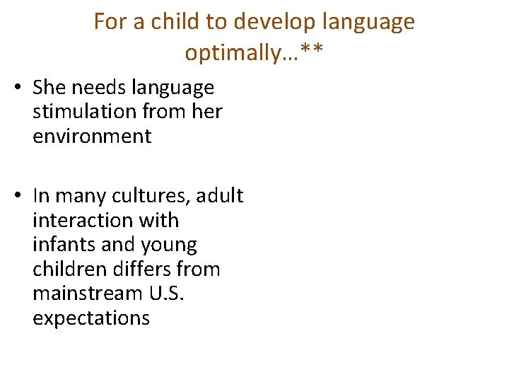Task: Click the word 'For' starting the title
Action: pos(110,22)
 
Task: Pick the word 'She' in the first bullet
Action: pos(49,88)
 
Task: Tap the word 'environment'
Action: pos(92,136)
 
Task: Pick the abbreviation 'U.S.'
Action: pos(168,294)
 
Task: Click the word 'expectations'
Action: pos(91,318)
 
